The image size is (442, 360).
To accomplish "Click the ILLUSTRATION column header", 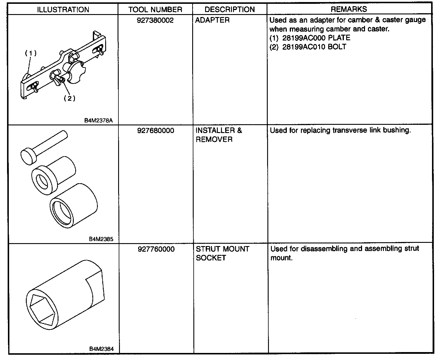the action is pos(63,9).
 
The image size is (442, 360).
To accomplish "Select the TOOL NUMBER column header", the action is pos(155,9).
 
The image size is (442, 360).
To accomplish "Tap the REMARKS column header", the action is pos(349,9).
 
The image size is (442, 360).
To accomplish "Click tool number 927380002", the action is pos(155,20).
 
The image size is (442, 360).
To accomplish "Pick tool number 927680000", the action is pos(155,131).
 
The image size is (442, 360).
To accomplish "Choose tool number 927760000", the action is pos(156,249).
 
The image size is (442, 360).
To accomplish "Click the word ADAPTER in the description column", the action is pos(212,20).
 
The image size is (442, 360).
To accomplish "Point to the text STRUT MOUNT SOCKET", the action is pos(222,253).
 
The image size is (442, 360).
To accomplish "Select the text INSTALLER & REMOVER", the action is pos(219,135).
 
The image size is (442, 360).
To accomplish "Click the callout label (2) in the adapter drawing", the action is pos(69,98).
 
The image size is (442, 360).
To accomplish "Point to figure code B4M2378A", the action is pos(98,120).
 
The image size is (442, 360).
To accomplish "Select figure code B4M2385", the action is pos(101,239).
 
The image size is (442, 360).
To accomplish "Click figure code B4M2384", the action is pos(101,349).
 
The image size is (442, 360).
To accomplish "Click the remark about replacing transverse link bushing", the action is pos(340,130).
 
